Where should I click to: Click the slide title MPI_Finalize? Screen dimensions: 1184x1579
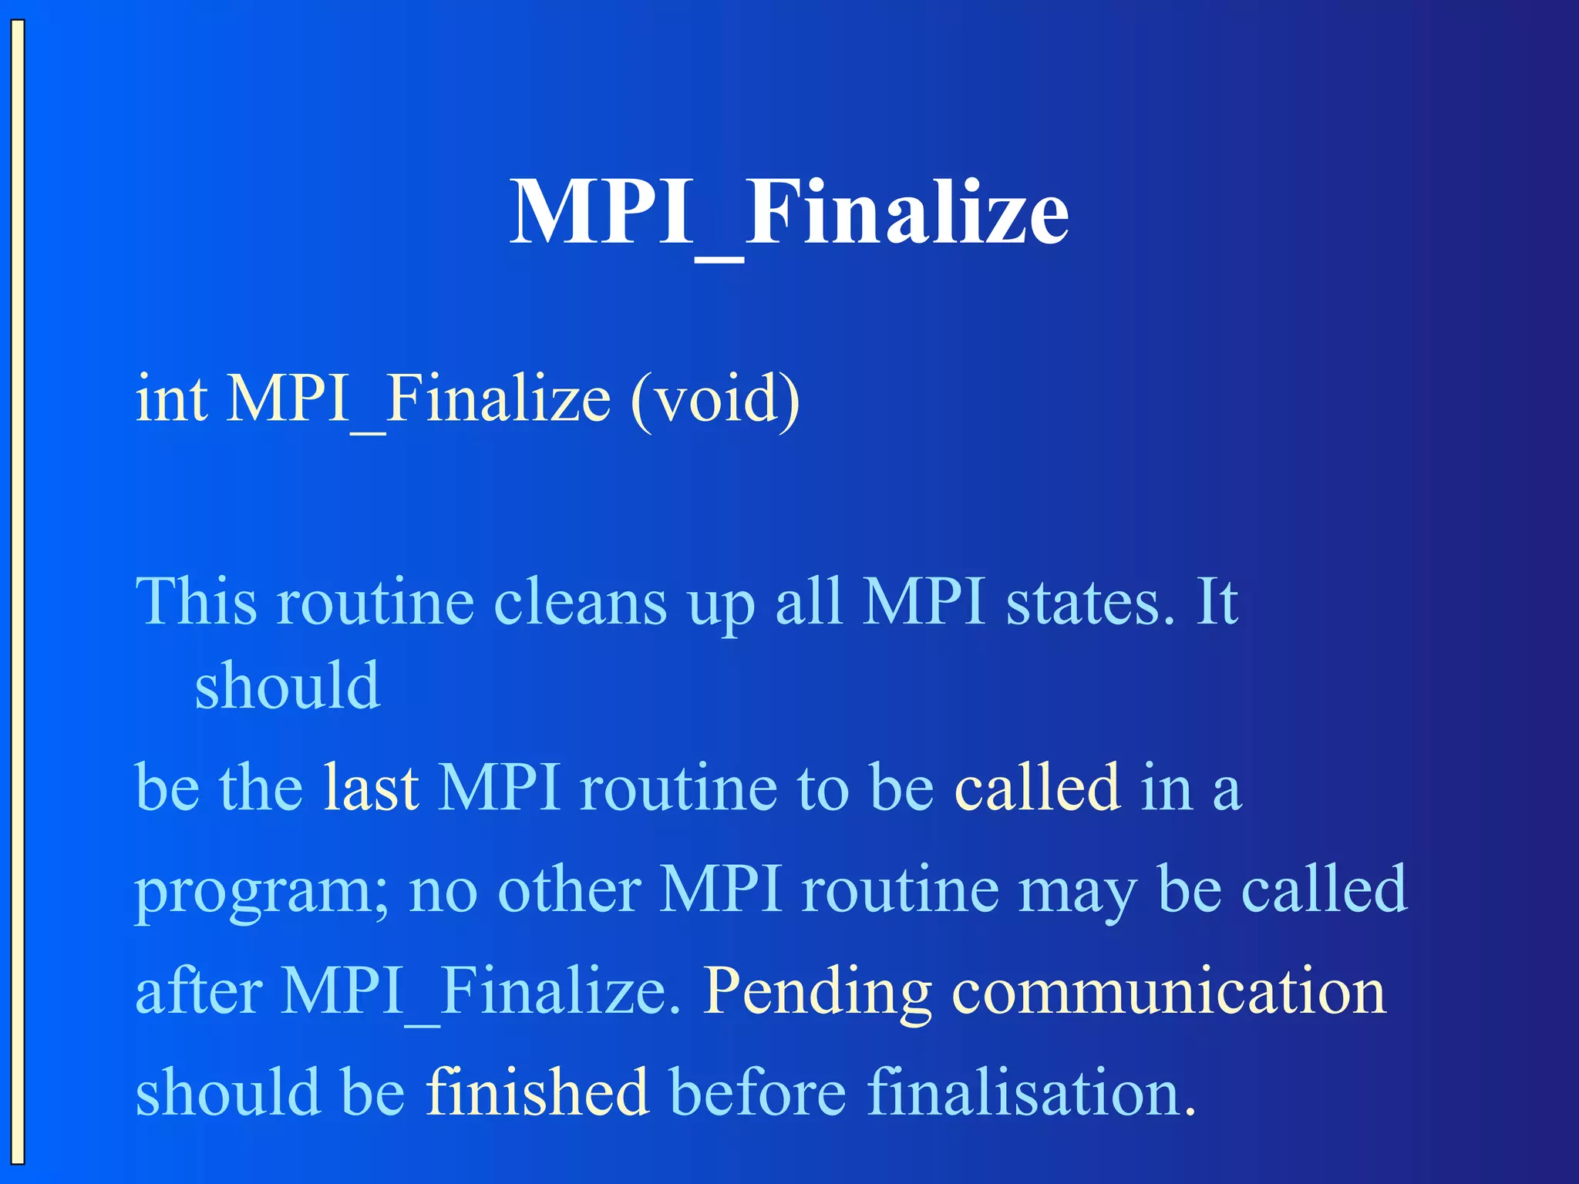(789, 212)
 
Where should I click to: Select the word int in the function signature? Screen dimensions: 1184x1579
(171, 399)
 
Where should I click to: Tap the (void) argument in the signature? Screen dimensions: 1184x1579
(715, 400)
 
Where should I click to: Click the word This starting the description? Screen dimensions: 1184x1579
(196, 601)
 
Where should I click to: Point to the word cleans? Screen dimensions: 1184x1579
(580, 602)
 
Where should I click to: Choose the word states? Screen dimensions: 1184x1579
(1089, 602)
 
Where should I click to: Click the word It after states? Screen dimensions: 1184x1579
(1217, 602)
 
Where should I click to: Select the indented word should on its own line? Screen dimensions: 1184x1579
(287, 685)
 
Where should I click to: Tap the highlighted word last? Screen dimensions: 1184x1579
(371, 787)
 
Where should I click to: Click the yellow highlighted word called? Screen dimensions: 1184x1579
(1037, 787)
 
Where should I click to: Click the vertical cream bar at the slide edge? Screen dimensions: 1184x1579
(18, 592)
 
